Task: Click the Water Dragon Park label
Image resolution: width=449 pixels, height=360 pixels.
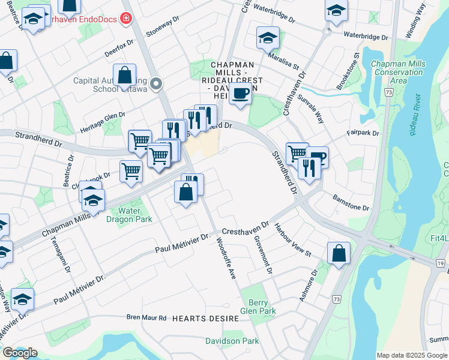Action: (130, 215)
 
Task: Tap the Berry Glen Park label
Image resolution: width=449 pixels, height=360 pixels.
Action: (258, 307)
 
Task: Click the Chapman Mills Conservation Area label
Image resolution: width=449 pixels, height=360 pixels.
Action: (397, 72)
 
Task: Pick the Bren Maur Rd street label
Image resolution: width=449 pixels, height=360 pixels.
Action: (146, 317)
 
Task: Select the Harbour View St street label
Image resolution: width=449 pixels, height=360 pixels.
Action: (292, 240)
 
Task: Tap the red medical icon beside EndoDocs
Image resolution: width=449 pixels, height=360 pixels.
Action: (125, 19)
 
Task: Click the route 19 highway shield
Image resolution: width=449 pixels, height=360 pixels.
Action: (441, 263)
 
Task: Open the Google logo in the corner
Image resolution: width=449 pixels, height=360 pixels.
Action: (20, 353)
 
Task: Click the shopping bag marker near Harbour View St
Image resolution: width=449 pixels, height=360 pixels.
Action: (339, 253)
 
